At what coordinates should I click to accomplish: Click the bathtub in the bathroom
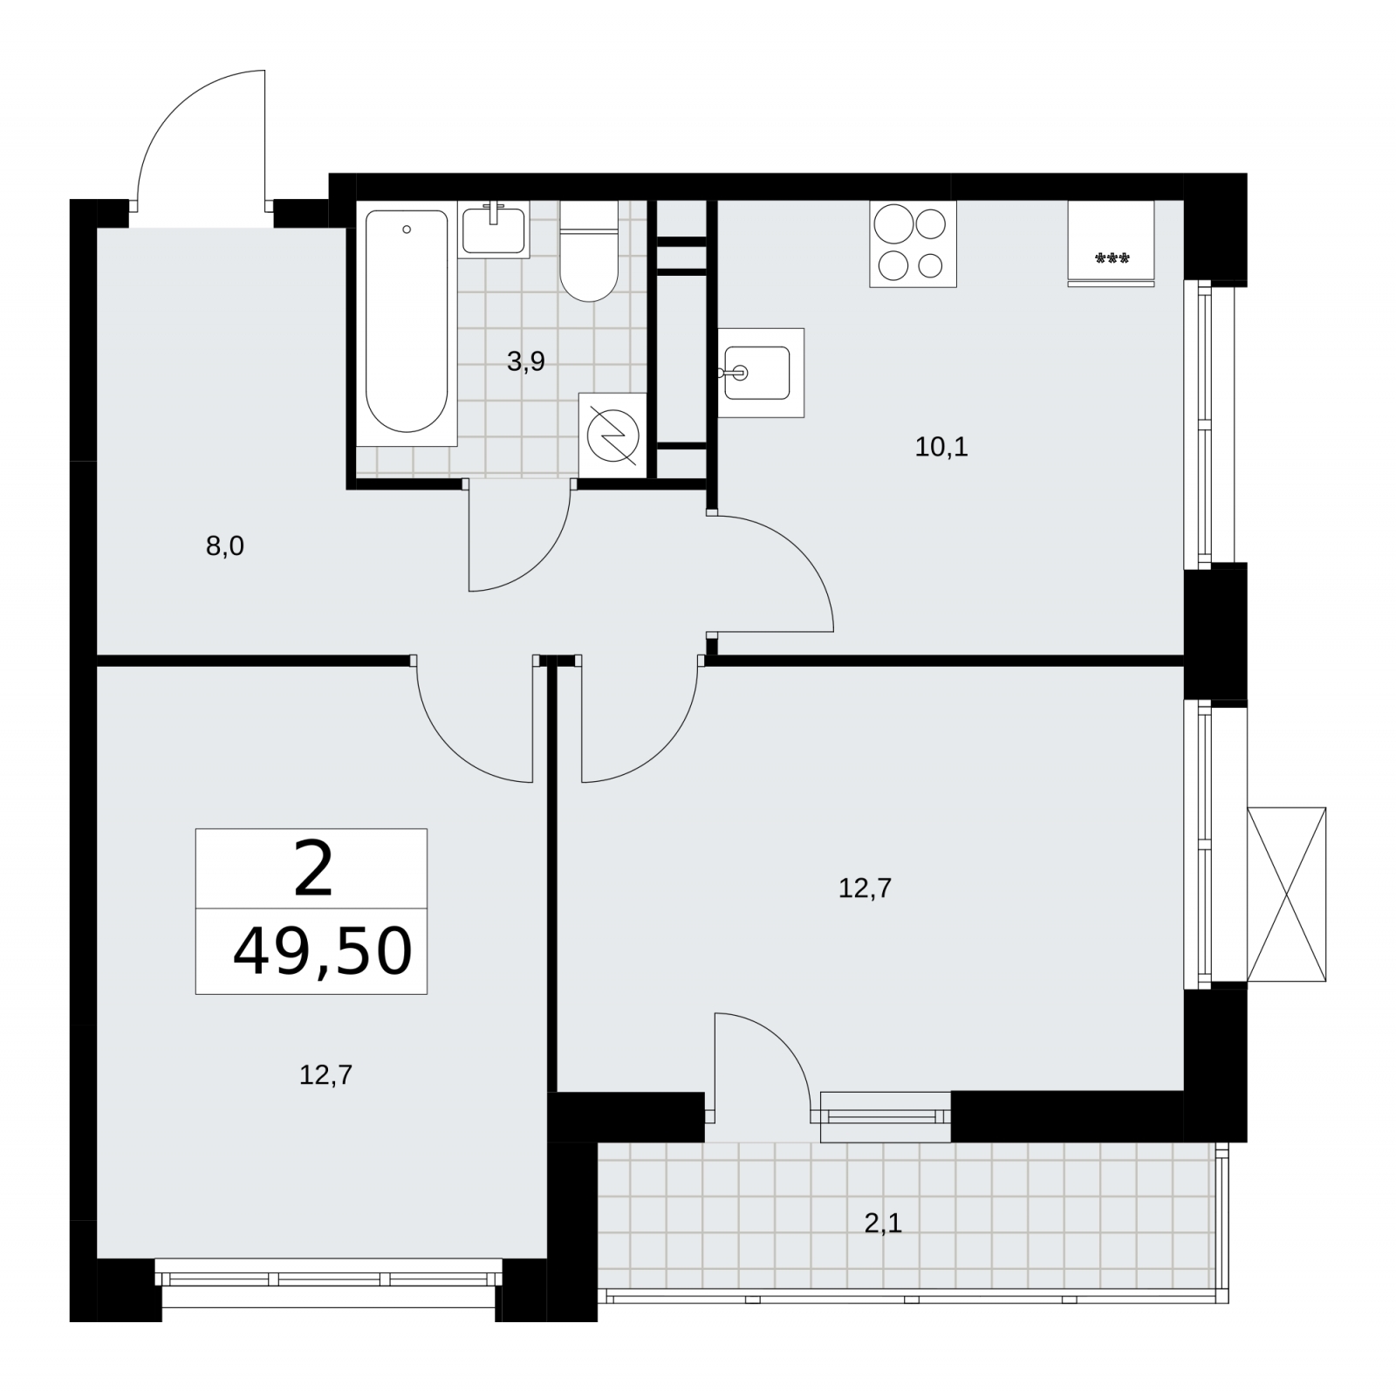[x=407, y=323]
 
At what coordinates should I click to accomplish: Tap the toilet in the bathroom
[x=589, y=251]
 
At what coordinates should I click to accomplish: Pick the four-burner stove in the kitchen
[x=913, y=243]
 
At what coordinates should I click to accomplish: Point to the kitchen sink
[x=761, y=373]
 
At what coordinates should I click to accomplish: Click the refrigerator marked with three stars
[x=1112, y=243]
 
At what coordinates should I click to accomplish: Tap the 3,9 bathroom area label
[x=526, y=361]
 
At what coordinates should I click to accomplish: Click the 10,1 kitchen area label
[x=941, y=448]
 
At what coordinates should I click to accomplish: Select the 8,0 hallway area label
[x=225, y=547]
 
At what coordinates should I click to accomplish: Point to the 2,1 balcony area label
[x=883, y=1224]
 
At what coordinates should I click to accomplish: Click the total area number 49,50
[x=322, y=952]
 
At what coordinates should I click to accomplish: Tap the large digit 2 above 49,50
[x=314, y=870]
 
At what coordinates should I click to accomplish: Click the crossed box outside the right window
[x=1287, y=895]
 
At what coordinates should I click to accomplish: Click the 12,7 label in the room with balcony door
[x=865, y=888]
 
